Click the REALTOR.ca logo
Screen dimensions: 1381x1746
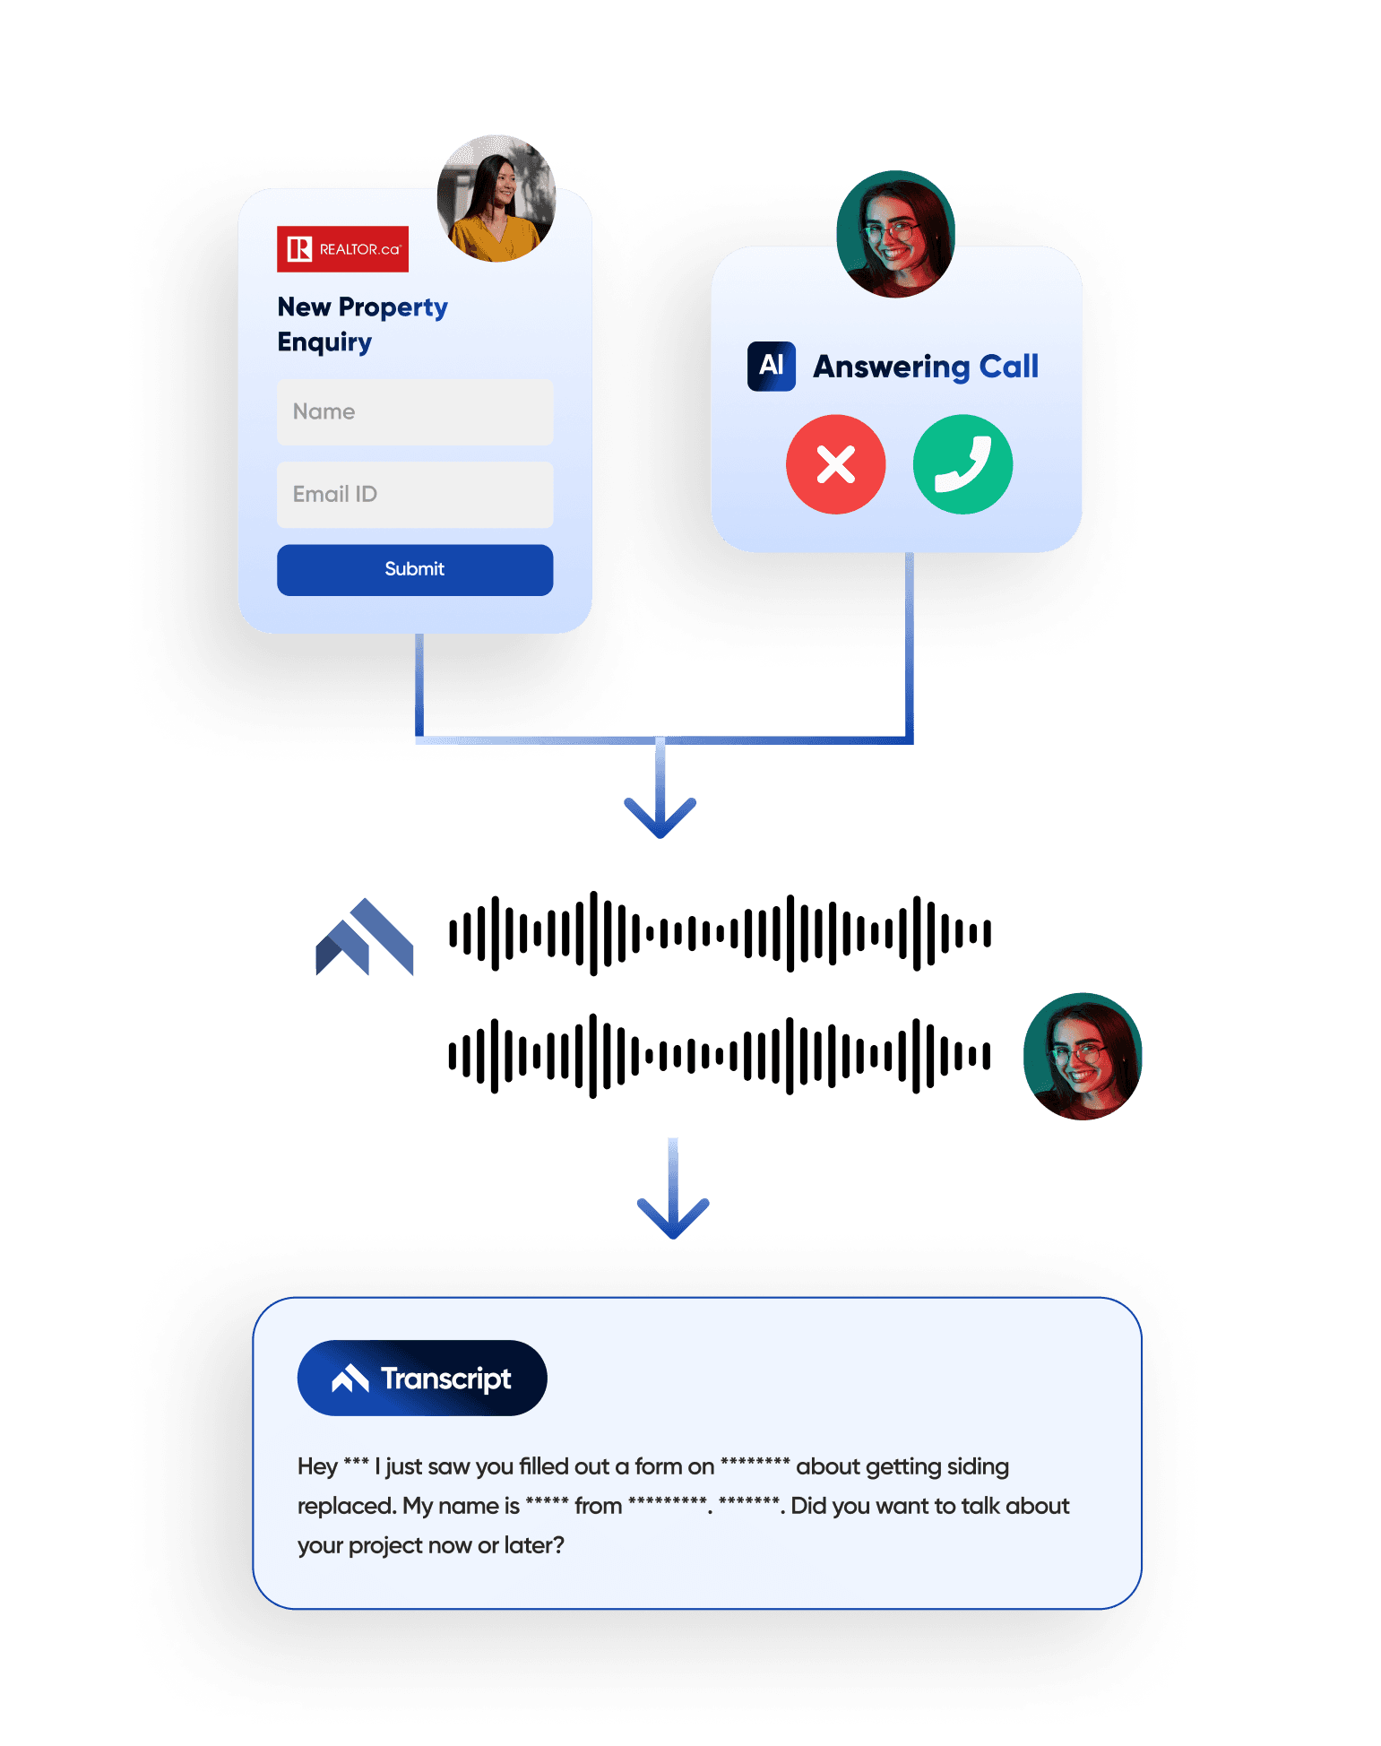pyautogui.click(x=342, y=249)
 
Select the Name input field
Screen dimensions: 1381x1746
pyautogui.click(x=415, y=412)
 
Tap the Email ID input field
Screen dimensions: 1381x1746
pyautogui.click(x=415, y=495)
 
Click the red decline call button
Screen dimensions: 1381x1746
pyautogui.click(x=835, y=464)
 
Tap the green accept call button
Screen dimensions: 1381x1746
pyautogui.click(x=962, y=464)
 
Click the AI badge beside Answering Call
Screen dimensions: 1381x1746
pyautogui.click(x=771, y=366)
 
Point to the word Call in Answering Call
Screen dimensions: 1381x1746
pyautogui.click(x=1008, y=367)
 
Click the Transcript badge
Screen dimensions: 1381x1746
pyautogui.click(x=422, y=1378)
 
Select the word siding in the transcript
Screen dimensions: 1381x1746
pyautogui.click(x=978, y=1466)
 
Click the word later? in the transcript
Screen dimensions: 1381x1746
pyautogui.click(x=534, y=1545)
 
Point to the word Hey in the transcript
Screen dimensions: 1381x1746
pyautogui.click(x=317, y=1466)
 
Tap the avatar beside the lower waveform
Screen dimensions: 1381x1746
pyautogui.click(x=1083, y=1056)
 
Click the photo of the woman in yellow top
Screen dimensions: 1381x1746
pyautogui.click(x=496, y=199)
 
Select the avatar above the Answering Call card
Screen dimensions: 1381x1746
pyautogui.click(x=895, y=234)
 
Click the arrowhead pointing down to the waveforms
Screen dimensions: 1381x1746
pyautogui.click(x=660, y=815)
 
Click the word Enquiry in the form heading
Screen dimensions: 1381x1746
pyautogui.click(x=324, y=342)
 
